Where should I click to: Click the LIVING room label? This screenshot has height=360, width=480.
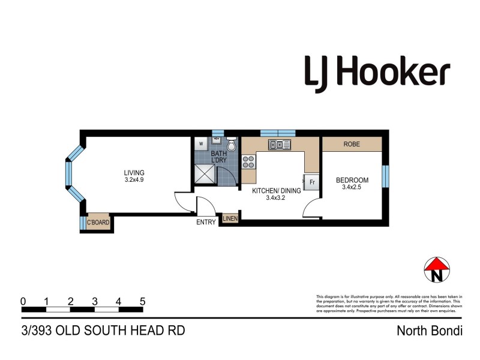coord(134,173)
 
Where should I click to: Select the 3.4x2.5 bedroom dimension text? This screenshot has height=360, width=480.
coord(352,188)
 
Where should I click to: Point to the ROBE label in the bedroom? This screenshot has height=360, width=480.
coord(352,145)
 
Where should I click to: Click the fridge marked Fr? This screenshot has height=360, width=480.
coord(312,182)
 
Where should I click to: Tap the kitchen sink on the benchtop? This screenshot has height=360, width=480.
coord(279,144)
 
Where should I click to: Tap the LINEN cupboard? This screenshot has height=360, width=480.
coord(230,219)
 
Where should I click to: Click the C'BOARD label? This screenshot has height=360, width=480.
coord(97,223)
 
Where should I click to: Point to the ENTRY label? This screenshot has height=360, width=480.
coord(206,223)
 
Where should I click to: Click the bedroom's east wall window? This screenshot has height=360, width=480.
coord(385,173)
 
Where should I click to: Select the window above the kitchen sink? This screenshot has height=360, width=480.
coord(278,133)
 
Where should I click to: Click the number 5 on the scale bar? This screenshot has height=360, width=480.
coord(142,301)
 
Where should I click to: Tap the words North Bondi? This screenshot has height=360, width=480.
coord(430,331)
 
